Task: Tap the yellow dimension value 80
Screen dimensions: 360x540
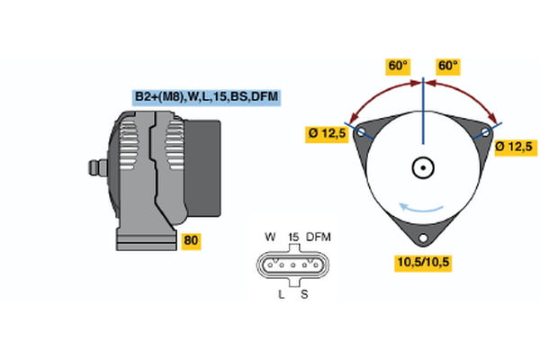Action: coord(190,240)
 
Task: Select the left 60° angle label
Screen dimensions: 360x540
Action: coord(397,66)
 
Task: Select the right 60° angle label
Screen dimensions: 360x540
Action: coord(447,66)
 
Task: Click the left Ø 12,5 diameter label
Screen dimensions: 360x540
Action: coord(328,135)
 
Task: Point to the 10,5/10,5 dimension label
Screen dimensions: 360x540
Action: coord(422,264)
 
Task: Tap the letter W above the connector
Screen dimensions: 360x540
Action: coord(269,237)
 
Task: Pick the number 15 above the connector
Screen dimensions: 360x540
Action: coord(292,237)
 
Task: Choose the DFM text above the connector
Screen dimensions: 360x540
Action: coord(319,237)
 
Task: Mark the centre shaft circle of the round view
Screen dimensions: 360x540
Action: coord(422,167)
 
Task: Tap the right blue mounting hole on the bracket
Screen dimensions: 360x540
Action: coord(484,132)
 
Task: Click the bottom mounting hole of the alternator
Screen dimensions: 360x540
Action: coord(422,239)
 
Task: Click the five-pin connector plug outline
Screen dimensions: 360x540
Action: coord(293,265)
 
